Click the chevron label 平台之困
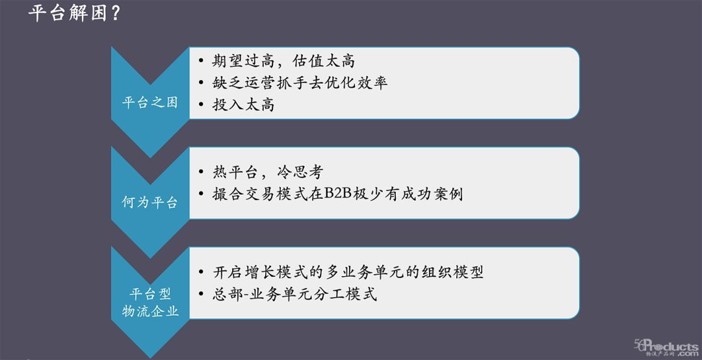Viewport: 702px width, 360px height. coord(150,103)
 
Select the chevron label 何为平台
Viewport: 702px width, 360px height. coord(150,202)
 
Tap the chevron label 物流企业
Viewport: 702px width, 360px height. coord(150,311)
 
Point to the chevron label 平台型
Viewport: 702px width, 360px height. coord(150,294)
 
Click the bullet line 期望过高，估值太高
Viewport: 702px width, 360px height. coord(284,62)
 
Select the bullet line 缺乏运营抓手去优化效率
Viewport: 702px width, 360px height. coord(300,83)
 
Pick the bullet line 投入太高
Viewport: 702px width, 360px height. coord(244,105)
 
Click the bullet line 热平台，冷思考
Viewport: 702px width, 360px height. coord(268,173)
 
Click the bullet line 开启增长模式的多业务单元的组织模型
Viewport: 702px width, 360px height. coord(348,272)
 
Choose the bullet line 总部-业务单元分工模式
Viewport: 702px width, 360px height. coord(295,294)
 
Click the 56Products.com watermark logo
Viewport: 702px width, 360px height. coord(666,348)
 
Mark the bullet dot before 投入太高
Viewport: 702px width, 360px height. coord(201,105)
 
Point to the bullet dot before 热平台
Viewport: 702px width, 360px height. coord(201,174)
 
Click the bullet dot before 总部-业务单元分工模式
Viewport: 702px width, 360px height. coord(201,294)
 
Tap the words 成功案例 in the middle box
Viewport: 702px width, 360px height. coord(432,194)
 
